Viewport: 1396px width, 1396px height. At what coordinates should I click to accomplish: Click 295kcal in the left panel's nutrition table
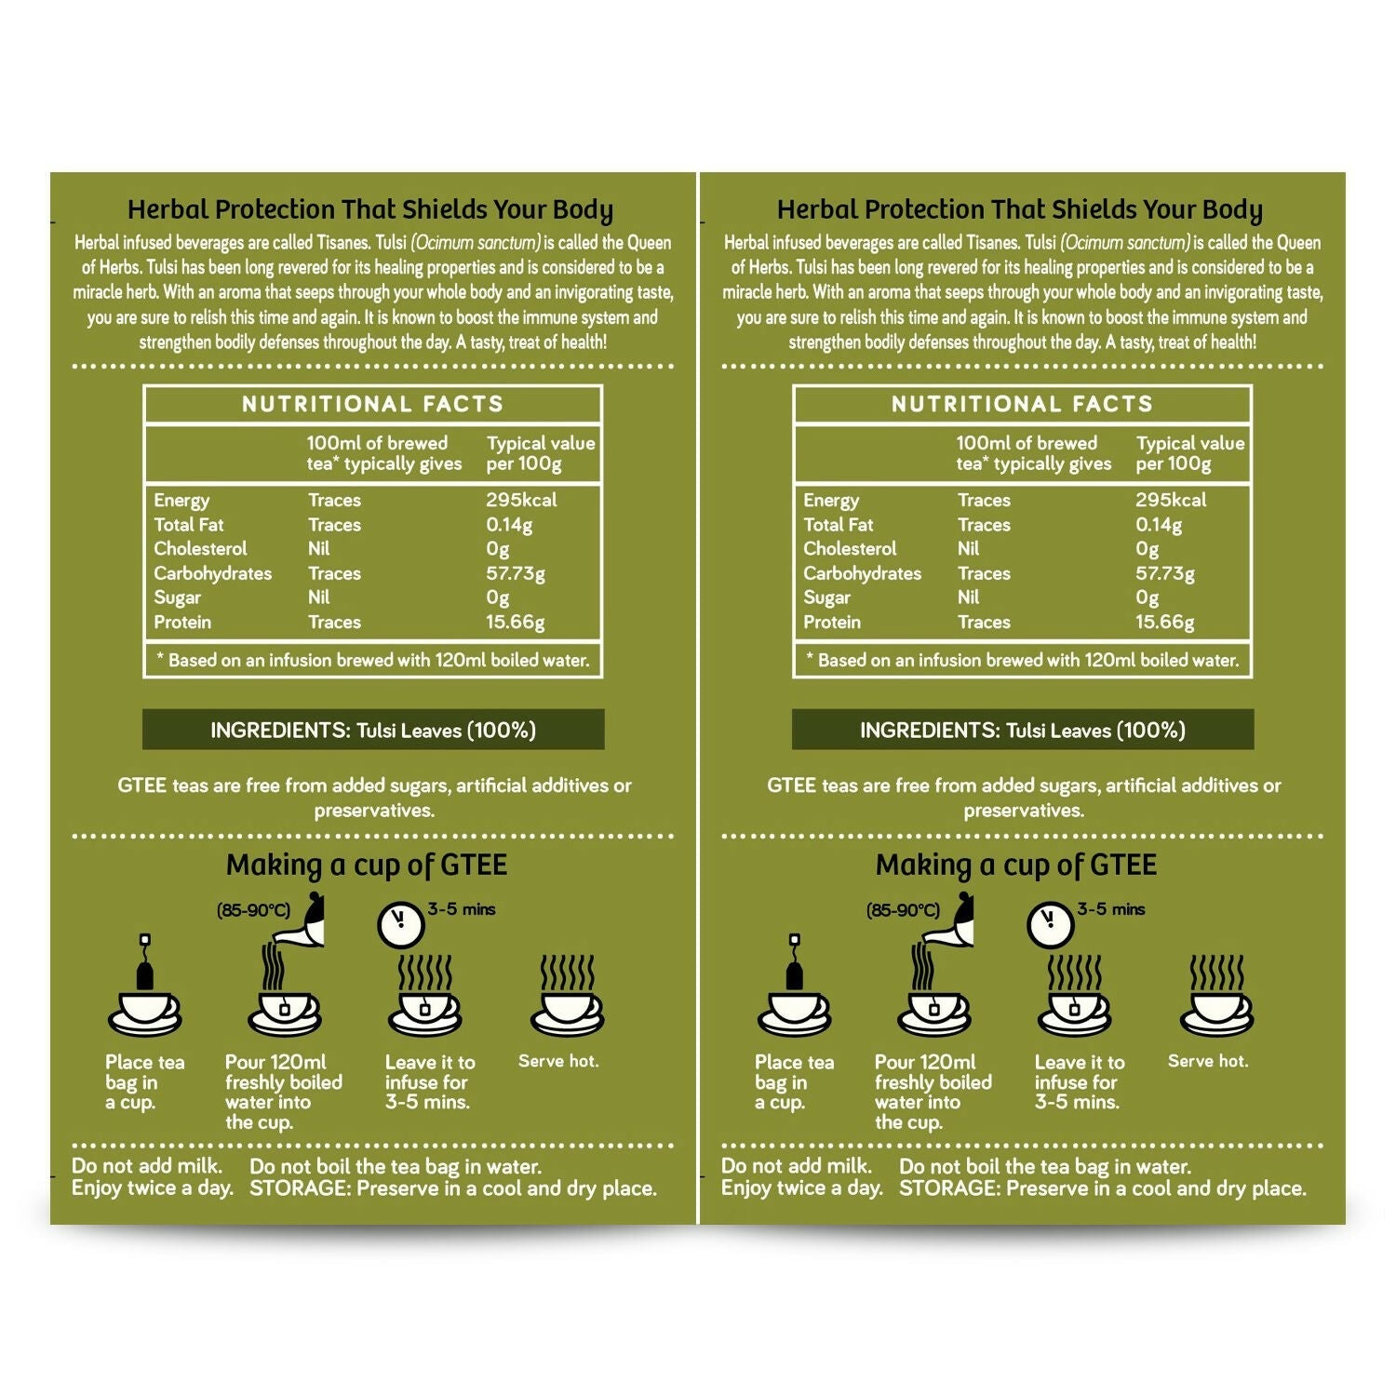[521, 500]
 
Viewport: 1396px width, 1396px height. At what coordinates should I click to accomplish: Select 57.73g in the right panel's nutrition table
[1164, 573]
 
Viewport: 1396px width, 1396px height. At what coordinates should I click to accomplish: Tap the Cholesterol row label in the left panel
[200, 549]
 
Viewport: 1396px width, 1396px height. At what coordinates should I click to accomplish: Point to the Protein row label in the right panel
[832, 622]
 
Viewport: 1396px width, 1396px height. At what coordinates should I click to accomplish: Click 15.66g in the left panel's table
[515, 622]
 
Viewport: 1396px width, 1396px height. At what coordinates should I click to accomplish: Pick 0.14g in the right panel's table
[1159, 525]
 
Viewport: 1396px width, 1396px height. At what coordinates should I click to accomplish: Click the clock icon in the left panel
[400, 922]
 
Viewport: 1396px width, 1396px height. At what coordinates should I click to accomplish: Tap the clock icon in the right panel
[1050, 922]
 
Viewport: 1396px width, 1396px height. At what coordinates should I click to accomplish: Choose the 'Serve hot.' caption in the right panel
[1207, 1061]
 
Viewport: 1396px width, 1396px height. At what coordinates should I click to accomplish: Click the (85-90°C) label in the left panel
[253, 910]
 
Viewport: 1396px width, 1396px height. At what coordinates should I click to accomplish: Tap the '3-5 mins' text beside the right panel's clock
[1111, 909]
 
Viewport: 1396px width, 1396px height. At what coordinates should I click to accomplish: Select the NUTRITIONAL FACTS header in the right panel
[1022, 404]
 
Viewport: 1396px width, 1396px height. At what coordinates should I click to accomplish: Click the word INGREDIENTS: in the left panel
[279, 731]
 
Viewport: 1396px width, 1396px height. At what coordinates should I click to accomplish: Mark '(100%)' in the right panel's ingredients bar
[1150, 731]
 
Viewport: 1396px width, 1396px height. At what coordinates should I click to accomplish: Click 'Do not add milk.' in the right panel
[797, 1166]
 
